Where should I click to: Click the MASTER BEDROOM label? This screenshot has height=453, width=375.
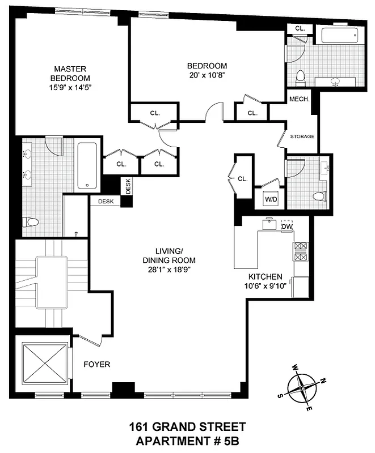point(70,73)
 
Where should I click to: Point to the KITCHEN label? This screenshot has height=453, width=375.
point(265,276)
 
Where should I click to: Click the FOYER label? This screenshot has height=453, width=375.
point(96,364)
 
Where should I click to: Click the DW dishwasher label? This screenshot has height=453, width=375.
point(287,226)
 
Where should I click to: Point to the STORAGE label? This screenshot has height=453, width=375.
point(302,136)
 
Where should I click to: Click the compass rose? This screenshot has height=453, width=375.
point(305,388)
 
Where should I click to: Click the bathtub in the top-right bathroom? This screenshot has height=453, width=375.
point(339,36)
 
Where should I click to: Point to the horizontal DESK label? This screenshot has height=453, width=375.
point(106,201)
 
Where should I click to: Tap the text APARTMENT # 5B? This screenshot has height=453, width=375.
point(187,439)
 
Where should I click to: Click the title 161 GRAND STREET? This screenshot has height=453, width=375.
point(187,426)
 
